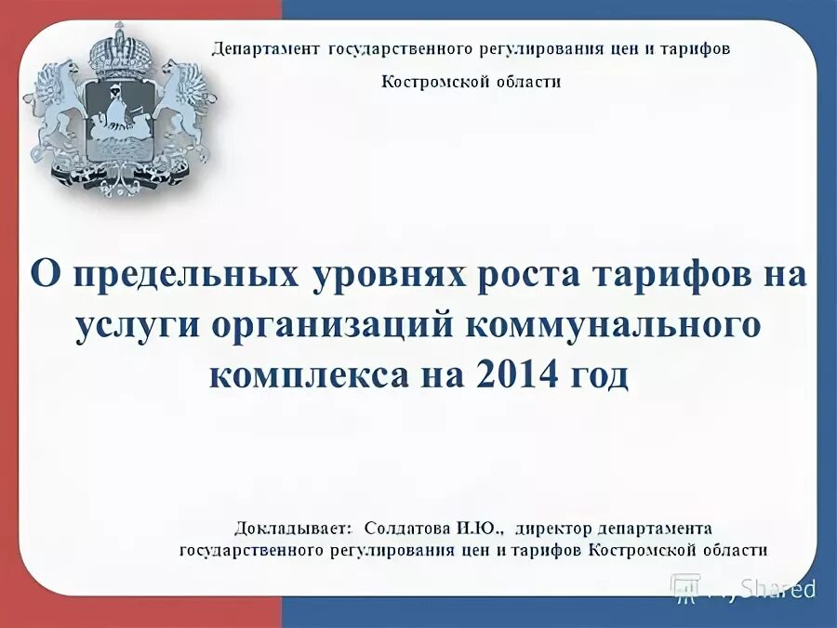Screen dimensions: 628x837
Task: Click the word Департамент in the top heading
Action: click(x=266, y=48)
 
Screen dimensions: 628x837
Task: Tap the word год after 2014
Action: click(x=595, y=376)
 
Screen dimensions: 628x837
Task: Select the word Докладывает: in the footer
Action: click(x=293, y=528)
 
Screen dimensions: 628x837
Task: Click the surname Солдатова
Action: click(x=406, y=528)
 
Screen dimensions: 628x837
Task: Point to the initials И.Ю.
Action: click(x=480, y=528)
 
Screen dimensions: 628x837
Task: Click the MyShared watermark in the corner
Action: click(x=744, y=587)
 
